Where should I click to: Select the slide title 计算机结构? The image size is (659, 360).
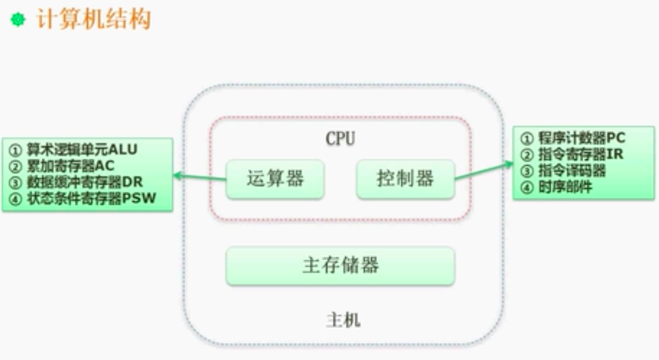(x=93, y=20)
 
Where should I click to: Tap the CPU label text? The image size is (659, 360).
(x=340, y=139)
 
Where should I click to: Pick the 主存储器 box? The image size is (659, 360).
(x=340, y=266)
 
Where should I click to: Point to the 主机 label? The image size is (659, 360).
(x=343, y=320)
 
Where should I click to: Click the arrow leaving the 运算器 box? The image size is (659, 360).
(x=200, y=176)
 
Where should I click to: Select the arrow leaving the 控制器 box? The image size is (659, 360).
(x=483, y=172)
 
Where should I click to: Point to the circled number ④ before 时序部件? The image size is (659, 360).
(x=526, y=187)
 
